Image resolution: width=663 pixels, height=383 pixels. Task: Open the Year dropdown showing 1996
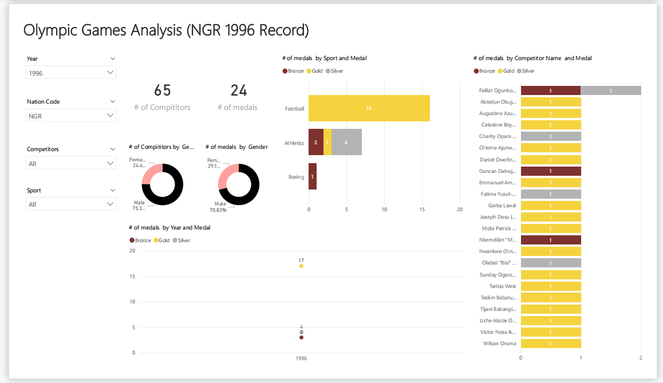coord(71,73)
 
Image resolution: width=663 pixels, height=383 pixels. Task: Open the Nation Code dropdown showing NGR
coord(71,116)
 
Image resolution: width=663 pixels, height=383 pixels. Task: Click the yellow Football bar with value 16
coord(369,108)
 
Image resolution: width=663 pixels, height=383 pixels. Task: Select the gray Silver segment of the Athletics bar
coord(346,142)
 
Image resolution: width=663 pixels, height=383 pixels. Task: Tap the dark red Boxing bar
coord(312,176)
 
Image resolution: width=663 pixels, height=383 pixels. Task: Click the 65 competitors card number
coord(162,90)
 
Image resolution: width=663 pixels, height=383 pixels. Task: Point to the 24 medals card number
coord(238,90)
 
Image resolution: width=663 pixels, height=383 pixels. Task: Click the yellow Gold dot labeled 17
coord(301,266)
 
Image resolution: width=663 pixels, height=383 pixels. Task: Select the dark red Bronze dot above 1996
coord(301,337)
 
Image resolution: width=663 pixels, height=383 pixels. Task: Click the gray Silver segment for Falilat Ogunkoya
coord(610,90)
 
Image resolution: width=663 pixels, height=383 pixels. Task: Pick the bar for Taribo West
coord(550,286)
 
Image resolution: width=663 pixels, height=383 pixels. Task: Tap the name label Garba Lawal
coord(502,206)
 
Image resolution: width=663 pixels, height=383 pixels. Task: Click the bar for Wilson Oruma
coord(550,343)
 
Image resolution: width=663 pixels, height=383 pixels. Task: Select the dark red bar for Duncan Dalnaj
coord(550,171)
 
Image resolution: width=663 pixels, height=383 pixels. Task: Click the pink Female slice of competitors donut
coord(148,174)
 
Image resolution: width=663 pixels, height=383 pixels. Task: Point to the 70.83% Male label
coord(218,210)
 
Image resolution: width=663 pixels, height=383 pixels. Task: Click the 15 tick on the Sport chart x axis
coord(422,210)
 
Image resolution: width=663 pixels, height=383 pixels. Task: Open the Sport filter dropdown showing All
coord(71,204)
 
